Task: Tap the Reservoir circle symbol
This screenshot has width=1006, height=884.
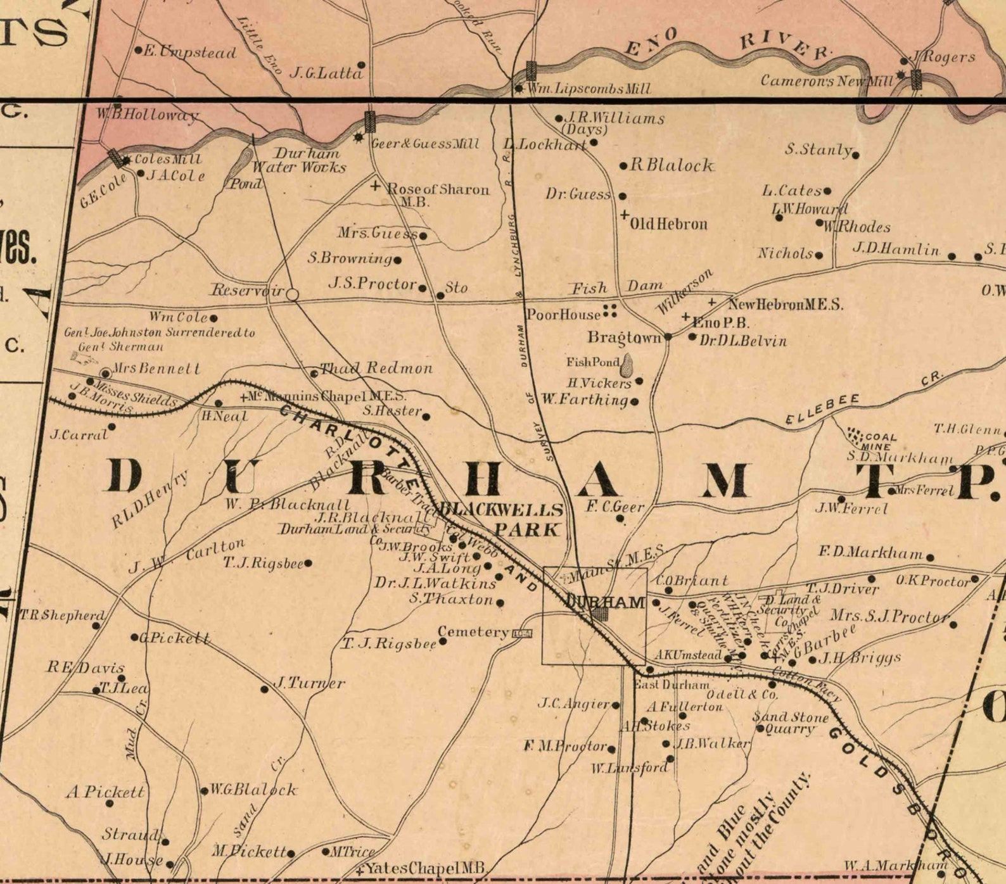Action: coord(292,294)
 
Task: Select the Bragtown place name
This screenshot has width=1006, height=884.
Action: coord(625,337)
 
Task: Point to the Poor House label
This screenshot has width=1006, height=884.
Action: coord(564,315)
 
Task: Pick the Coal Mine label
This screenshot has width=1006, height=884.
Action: coord(880,441)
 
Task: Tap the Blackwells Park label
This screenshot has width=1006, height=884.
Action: coord(504,519)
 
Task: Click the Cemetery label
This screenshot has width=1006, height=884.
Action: coord(473,631)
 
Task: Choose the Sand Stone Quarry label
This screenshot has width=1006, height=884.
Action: coord(790,723)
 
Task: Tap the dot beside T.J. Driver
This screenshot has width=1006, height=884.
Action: coord(872,579)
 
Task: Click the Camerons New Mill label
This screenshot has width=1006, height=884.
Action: coord(827,80)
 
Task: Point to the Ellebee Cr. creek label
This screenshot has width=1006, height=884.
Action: coord(824,410)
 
